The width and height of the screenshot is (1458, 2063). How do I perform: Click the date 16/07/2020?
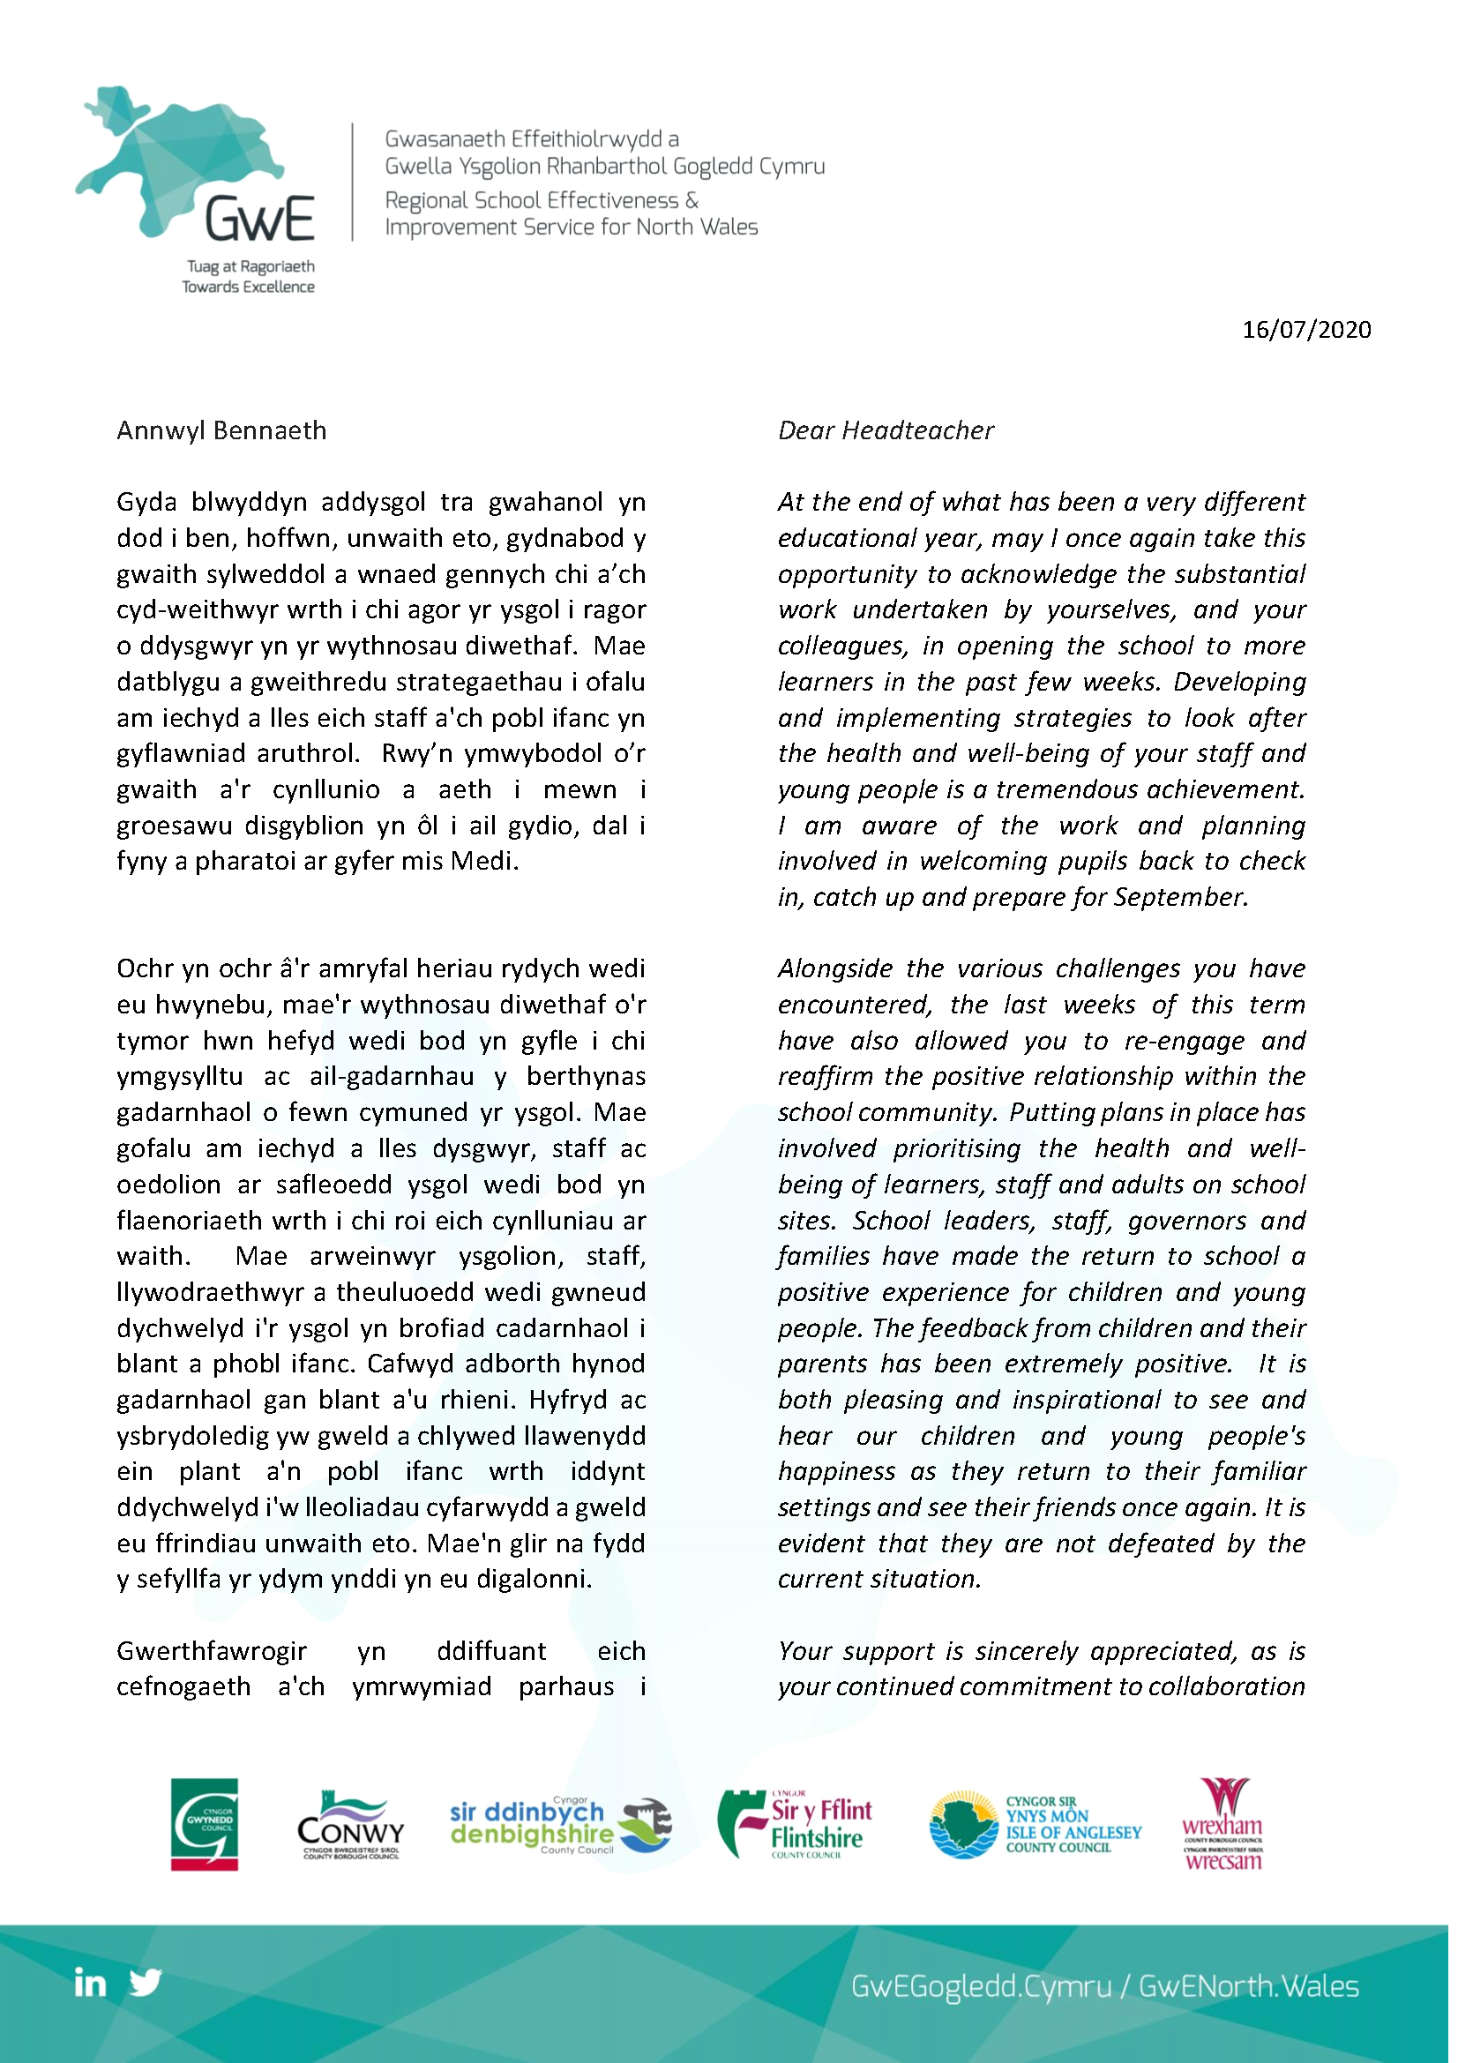tap(1305, 330)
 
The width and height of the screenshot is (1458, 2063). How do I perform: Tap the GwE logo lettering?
tap(259, 220)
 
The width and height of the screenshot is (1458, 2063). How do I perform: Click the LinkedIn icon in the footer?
tap(90, 1983)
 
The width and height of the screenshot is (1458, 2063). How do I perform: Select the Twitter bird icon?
tap(146, 1982)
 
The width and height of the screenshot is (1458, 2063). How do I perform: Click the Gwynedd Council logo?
tap(205, 1825)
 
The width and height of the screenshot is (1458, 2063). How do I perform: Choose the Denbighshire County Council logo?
tap(560, 1826)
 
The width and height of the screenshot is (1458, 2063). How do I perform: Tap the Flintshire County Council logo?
tap(796, 1824)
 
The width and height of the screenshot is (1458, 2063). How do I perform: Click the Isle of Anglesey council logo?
tap(1035, 1825)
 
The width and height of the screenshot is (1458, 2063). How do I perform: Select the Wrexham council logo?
tap(1222, 1824)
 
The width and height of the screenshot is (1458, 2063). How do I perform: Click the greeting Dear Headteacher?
tap(886, 431)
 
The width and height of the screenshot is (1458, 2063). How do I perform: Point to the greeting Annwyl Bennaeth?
tap(222, 431)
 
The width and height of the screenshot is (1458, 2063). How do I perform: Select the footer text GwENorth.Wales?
tap(1249, 1985)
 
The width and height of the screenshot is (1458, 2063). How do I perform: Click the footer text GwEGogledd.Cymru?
tap(981, 1985)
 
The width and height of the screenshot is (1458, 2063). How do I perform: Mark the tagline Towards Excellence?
tap(248, 288)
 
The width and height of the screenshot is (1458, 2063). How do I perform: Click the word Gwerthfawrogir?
tap(212, 1651)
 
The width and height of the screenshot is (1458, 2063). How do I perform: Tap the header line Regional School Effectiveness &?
tap(542, 200)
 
